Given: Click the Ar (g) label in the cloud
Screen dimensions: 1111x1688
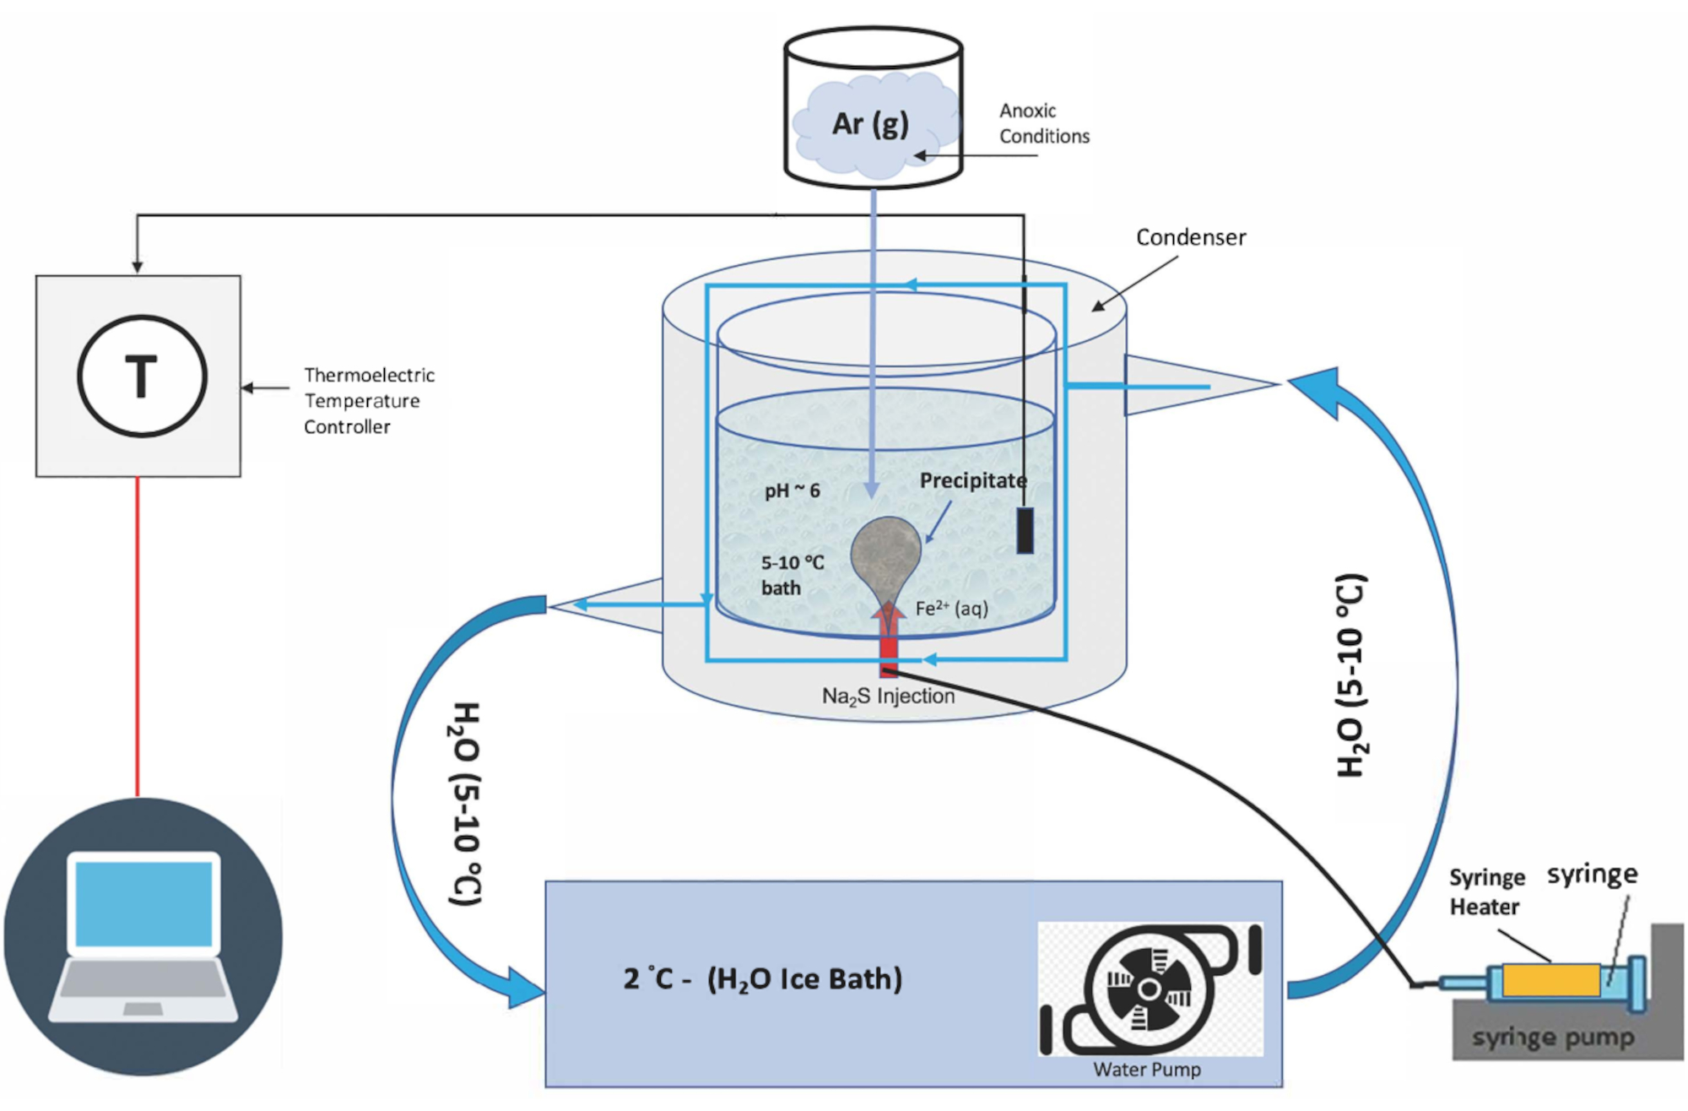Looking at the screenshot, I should pos(870,124).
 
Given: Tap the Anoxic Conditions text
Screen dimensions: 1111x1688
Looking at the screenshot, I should pos(1044,123).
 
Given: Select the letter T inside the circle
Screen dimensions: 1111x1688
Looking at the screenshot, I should pos(141,376).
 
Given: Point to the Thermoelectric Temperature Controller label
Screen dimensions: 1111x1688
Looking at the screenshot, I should pos(369,400).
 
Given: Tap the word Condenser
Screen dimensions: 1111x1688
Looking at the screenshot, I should pos(1190,237).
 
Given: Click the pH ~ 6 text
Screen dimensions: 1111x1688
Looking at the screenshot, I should pos(792,490).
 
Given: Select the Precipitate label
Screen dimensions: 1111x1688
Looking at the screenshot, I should pos(972,480).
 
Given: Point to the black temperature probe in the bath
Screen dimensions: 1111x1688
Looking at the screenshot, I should pos(1025,530).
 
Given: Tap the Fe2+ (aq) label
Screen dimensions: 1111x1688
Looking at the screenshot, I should pos(951,608).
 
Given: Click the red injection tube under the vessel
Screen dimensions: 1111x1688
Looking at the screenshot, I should pos(888,654).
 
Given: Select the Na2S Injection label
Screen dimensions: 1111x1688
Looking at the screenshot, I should pos(888,696).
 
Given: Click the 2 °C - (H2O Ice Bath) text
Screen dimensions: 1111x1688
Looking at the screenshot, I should pos(762,978).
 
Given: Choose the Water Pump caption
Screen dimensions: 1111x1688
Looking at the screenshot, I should pos(1146,1070).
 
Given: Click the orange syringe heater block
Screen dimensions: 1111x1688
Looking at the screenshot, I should pos(1550,980).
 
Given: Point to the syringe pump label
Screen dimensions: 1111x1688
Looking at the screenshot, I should pos(1553,1038).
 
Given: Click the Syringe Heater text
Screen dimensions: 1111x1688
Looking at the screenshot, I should pos(1486,892).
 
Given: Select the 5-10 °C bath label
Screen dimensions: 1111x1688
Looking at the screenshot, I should pos(792,575).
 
